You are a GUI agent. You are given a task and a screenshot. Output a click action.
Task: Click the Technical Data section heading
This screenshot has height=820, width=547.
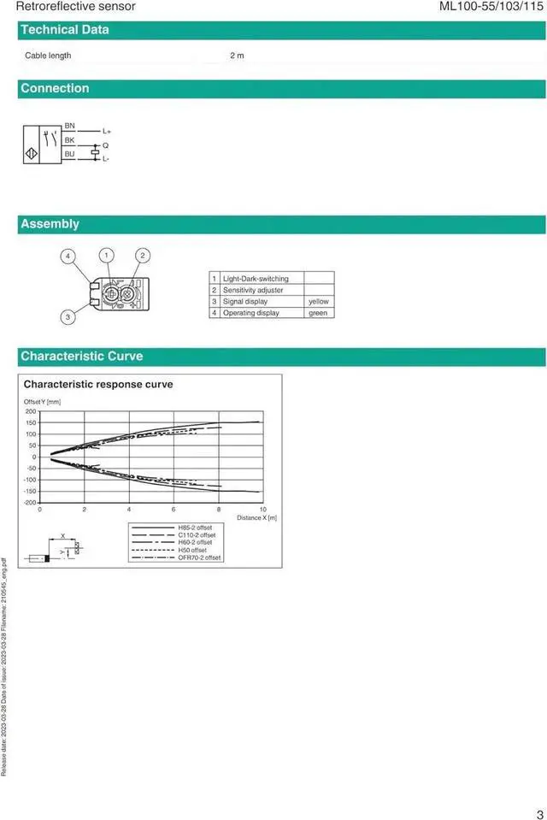pos(65,30)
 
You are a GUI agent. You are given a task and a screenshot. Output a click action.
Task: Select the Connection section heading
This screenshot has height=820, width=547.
pos(55,88)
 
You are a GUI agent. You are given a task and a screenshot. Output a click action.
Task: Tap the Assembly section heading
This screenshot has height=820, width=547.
pos(50,224)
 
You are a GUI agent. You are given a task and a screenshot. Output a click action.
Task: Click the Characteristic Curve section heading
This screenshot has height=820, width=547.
pos(82,356)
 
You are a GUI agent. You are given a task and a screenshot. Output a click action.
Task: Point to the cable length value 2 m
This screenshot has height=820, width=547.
pos(237,56)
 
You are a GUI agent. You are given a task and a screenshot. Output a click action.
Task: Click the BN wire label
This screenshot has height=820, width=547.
pos(70,126)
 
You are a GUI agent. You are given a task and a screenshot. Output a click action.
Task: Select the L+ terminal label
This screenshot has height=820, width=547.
pos(107,132)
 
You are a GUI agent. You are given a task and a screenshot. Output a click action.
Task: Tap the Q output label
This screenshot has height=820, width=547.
pos(105,145)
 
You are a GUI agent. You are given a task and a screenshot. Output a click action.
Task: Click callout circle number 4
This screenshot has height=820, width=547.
pos(68,256)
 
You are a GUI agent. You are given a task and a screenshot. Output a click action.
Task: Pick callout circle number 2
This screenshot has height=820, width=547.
pos(143,255)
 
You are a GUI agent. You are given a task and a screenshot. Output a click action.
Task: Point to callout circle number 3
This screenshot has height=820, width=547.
pos(68,317)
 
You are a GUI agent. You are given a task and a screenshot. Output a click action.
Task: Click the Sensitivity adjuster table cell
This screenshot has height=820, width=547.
pos(253,290)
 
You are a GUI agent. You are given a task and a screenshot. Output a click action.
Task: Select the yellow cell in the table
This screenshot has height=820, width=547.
pos(318,302)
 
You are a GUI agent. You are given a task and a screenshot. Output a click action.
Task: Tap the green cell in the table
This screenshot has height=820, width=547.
pos(318,313)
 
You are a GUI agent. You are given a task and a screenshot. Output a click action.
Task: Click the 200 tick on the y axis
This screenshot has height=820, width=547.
pos(31,412)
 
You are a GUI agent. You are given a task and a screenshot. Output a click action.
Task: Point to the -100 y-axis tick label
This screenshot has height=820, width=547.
pos(31,480)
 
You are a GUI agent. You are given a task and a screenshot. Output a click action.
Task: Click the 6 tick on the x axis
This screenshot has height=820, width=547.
pos(174,510)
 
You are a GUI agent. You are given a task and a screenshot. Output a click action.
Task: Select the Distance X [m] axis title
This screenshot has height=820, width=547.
pos(256,518)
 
